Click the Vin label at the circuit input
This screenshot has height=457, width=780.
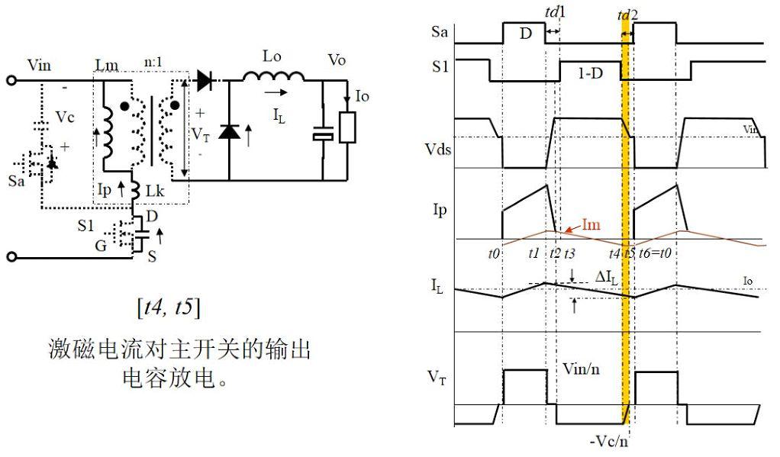tap(39, 65)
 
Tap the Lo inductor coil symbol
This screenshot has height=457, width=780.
tap(273, 76)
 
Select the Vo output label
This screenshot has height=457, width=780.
tap(337, 60)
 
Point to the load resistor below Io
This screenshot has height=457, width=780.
tap(347, 128)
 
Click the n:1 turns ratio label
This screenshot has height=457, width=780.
tap(153, 62)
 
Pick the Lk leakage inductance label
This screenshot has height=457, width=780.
tap(155, 191)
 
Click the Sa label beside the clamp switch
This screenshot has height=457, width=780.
tap(17, 181)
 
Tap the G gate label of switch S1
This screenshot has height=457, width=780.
tap(101, 245)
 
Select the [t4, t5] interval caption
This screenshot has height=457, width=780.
tap(169, 307)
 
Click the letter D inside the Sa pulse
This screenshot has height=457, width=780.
tap(526, 34)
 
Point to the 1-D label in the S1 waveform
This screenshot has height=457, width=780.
tap(591, 73)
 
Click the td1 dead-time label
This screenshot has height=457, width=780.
tap(555, 11)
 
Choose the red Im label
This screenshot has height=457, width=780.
tap(591, 225)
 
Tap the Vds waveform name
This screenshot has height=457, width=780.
tap(438, 149)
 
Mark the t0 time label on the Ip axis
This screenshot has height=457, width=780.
tap(494, 253)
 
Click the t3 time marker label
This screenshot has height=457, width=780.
tap(569, 253)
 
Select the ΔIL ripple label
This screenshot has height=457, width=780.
tap(607, 277)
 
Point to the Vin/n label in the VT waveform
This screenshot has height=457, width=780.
tap(581, 369)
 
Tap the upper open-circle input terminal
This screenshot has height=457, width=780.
tap(11, 80)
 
